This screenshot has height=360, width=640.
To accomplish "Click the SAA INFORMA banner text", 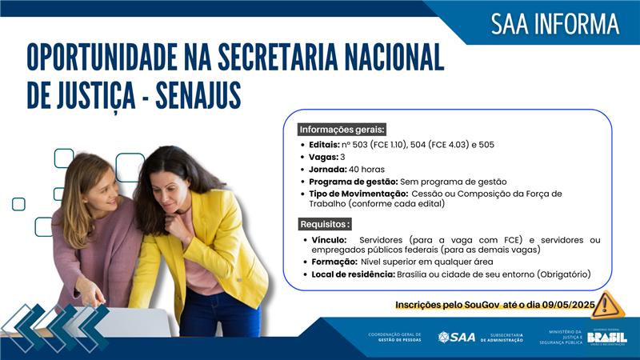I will [x=554, y=24].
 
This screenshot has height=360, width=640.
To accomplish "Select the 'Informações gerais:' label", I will [x=342, y=130].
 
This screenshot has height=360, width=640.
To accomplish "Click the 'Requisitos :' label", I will [x=325, y=224].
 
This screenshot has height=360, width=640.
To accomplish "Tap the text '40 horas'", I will [x=367, y=169].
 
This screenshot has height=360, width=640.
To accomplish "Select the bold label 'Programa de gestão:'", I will [x=353, y=182].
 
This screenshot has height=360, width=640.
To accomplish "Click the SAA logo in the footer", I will [x=456, y=338].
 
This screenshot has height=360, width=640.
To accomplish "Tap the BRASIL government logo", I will [x=606, y=338].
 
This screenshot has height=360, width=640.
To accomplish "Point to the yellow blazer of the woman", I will [x=232, y=248].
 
